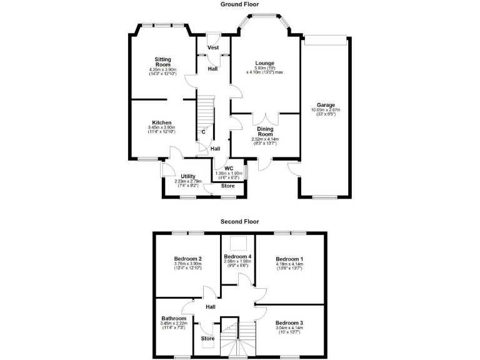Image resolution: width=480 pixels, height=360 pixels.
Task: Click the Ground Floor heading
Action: click(240, 4)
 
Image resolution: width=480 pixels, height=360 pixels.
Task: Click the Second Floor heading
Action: click(239, 221)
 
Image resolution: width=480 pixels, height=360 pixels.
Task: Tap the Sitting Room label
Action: click(162, 62)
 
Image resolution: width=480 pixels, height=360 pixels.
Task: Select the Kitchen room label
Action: click(162, 122)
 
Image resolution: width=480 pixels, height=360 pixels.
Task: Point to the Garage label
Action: click(326, 104)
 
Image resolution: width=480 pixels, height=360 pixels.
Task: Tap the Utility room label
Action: click(189, 177)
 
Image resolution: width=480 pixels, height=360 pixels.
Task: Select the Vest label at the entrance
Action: click(212, 47)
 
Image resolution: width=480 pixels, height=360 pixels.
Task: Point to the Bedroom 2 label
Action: click(187, 259)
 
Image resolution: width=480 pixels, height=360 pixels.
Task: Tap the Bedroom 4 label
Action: click(238, 257)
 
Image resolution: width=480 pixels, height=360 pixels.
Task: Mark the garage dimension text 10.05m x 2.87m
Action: click(326, 110)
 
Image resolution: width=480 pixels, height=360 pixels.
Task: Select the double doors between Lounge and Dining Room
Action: click(266, 117)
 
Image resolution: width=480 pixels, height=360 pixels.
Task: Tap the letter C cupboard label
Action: click(203, 132)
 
